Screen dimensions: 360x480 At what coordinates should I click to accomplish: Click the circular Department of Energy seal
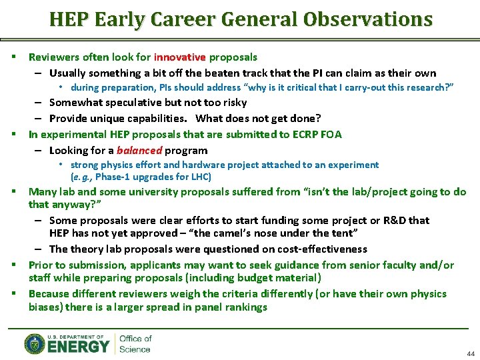[x=35, y=343]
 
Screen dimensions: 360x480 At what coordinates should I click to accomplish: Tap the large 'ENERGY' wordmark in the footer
[x=78, y=347]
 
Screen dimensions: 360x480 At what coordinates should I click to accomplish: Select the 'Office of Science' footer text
[x=135, y=344]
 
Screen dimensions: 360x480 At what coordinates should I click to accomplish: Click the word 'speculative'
[x=135, y=103]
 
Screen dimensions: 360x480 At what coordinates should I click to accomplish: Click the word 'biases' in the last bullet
[x=45, y=307]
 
